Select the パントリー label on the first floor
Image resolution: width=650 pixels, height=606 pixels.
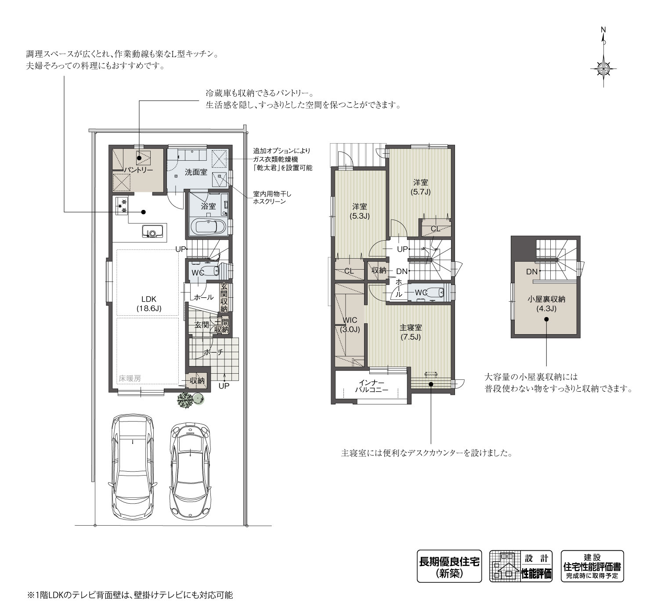click(x=138, y=170)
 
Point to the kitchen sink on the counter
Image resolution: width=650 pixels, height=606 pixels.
click(x=152, y=231)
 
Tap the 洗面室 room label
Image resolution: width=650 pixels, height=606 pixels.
click(x=196, y=172)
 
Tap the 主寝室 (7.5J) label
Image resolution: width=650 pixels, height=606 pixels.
click(x=411, y=332)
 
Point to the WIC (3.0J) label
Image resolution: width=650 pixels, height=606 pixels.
click(x=350, y=325)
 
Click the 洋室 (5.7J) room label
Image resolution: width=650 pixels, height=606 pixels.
click(x=420, y=187)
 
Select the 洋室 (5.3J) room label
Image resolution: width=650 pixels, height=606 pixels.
click(x=359, y=211)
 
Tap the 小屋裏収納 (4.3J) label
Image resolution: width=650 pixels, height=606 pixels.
click(x=546, y=304)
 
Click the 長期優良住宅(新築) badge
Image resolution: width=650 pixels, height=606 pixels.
click(x=449, y=566)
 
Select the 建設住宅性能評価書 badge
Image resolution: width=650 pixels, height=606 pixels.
click(x=592, y=566)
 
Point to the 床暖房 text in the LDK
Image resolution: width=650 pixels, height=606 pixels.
click(x=130, y=378)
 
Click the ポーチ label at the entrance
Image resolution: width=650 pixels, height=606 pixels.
click(x=213, y=352)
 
